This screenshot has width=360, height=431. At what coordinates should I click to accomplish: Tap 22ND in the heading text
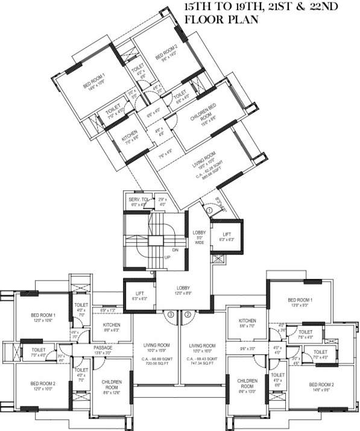[x=314, y=7]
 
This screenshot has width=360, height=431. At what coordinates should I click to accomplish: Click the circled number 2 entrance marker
[x=188, y=314]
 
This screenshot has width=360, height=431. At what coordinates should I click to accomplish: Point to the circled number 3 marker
[x=171, y=314]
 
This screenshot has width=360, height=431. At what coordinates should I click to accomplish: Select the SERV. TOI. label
[x=134, y=199]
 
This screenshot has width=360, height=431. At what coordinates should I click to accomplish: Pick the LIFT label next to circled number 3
[x=139, y=294]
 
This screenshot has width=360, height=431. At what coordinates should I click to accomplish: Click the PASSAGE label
[x=103, y=348]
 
